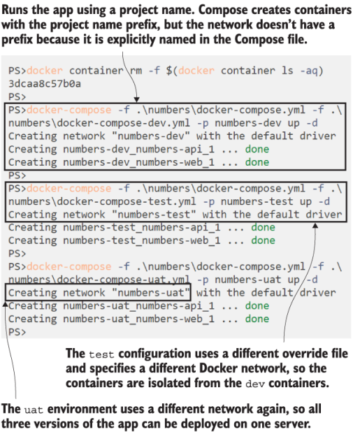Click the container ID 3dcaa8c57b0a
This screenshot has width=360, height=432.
[45, 83]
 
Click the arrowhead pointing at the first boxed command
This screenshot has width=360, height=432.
[136, 99]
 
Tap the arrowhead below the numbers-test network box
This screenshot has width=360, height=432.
[315, 225]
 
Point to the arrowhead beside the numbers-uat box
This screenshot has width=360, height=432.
[5, 304]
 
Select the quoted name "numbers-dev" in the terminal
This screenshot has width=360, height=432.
[151, 136]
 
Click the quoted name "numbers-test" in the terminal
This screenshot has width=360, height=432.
[154, 215]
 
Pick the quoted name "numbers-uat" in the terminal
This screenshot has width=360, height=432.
[151, 293]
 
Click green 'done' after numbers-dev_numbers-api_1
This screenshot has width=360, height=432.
[257, 149]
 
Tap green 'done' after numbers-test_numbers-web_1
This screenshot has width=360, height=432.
[263, 240]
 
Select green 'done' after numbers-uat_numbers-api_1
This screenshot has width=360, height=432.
[257, 305]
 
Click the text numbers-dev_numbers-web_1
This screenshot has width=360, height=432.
[138, 162]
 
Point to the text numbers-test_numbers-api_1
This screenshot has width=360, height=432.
[142, 227]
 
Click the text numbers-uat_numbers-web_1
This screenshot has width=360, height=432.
[138, 319]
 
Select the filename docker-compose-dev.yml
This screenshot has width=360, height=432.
[124, 123]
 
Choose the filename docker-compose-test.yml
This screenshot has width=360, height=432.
[127, 201]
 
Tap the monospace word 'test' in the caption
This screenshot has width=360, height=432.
[101, 354]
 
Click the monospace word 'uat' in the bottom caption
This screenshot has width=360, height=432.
[34, 410]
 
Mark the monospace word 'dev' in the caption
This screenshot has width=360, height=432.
[255, 384]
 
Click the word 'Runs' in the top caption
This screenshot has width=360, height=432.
[15, 10]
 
